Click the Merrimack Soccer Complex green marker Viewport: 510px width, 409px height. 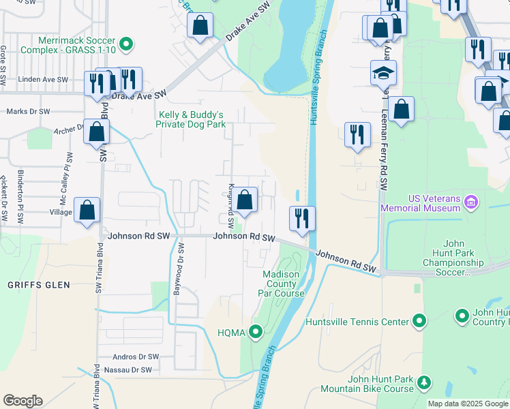pos(125,46)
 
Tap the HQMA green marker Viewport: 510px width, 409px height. pos(256,333)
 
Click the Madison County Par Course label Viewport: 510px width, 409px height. pos(283,284)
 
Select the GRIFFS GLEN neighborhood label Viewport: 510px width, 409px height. pos(32,284)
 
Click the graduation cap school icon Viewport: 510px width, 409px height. pos(383,72)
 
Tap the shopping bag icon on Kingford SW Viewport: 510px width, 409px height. pos(246,200)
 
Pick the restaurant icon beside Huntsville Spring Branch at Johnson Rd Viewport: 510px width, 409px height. pos(302,217)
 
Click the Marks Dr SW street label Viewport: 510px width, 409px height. pos(28,111)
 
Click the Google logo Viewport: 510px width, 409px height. pos(22,401)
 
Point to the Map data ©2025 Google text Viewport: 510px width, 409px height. pos(468,404)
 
